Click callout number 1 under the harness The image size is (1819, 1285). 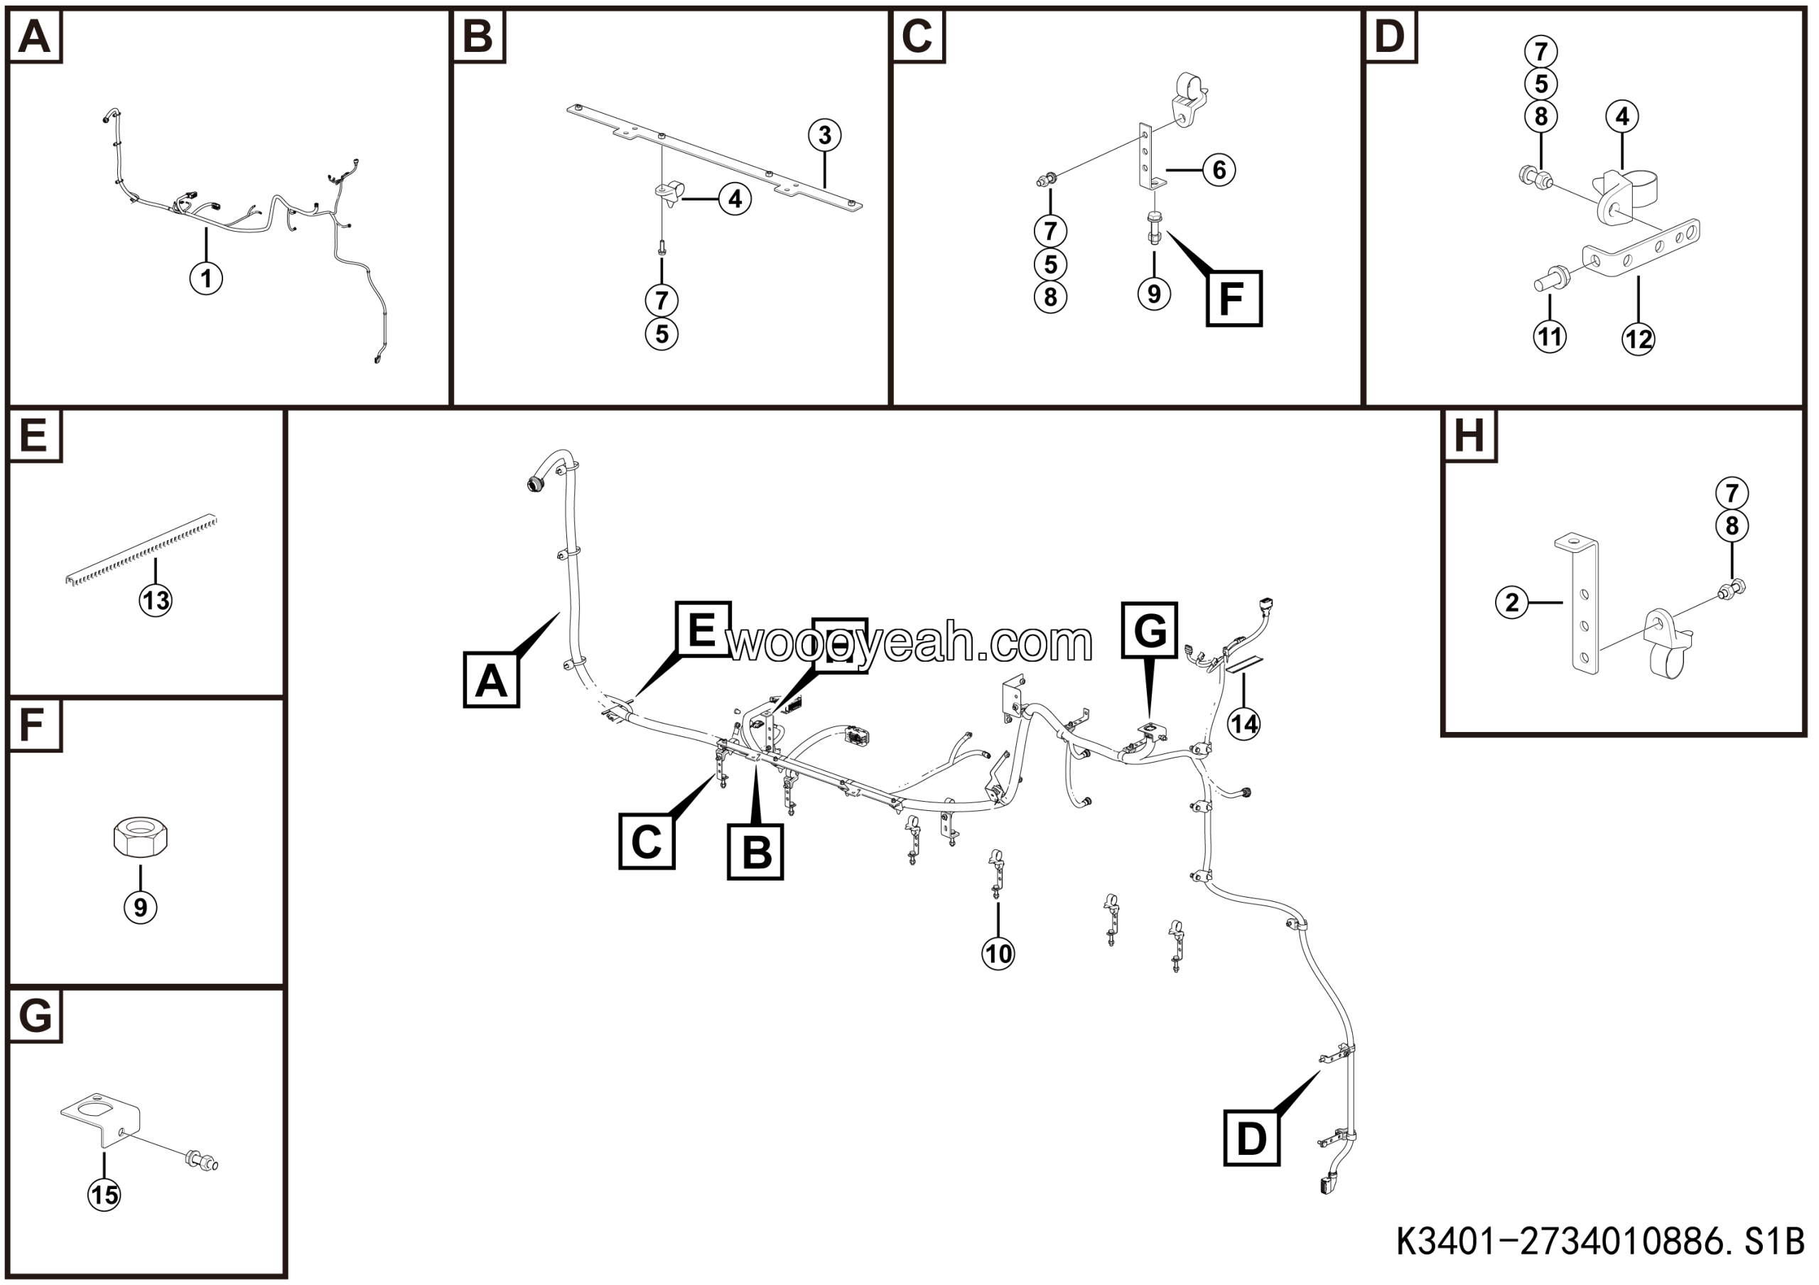pos(206,279)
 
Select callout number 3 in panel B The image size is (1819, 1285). pos(825,136)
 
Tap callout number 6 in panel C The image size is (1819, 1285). pos(1219,170)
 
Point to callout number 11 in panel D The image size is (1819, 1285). pos(1550,337)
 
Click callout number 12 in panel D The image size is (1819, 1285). pos(1639,339)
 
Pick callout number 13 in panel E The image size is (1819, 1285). pos(156,601)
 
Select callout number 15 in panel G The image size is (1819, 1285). pos(104,1194)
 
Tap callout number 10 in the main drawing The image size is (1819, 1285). pos(998,953)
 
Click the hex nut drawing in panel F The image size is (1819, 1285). pos(140,837)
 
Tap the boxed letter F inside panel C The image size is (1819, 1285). pos(1234,299)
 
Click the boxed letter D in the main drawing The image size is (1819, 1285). pos(1252,1139)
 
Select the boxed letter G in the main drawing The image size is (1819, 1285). pos(1150,630)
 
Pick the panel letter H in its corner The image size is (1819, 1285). pos(1469,435)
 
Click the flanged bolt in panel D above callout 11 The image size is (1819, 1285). pos(1550,278)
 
